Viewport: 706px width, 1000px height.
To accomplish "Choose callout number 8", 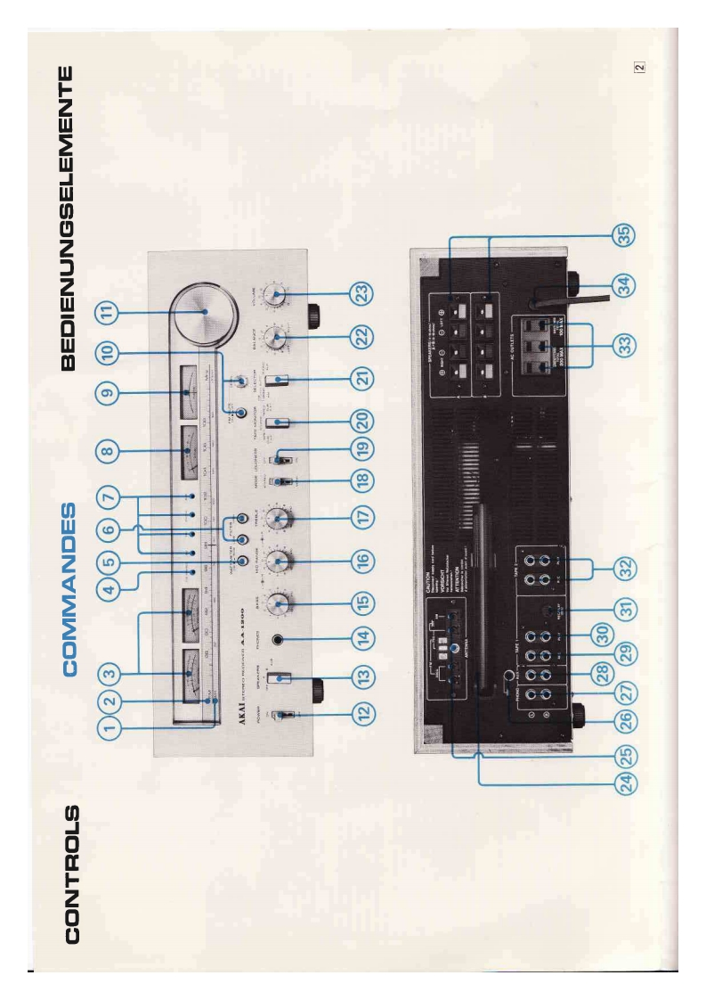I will click(x=109, y=452).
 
